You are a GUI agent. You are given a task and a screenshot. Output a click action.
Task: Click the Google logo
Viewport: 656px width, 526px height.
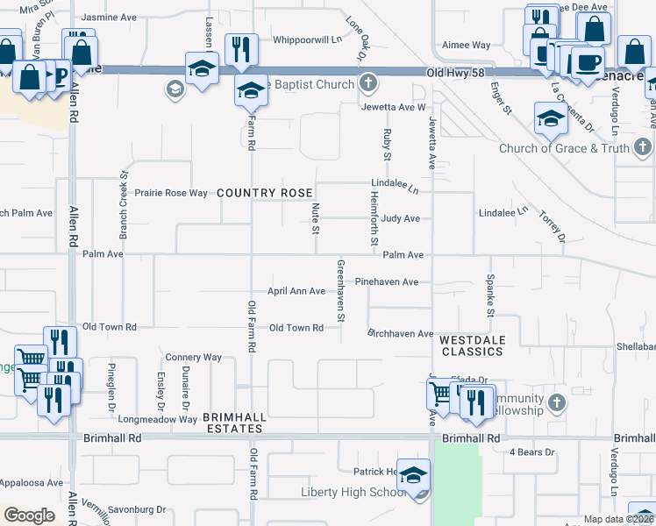point(29,515)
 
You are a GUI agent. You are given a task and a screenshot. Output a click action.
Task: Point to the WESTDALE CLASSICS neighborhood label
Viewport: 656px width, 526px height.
point(471,345)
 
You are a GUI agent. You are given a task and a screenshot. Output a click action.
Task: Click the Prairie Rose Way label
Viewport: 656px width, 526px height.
point(170,192)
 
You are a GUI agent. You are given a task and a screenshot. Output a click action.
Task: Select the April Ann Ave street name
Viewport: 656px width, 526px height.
point(296,291)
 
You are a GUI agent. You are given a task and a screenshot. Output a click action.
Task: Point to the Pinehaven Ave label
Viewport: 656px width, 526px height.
point(392,282)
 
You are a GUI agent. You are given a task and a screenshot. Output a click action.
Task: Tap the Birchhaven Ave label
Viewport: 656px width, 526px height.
point(401,334)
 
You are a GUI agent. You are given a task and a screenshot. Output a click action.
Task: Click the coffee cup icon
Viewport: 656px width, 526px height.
point(587,63)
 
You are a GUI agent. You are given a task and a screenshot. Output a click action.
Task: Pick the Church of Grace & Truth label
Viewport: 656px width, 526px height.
point(564,148)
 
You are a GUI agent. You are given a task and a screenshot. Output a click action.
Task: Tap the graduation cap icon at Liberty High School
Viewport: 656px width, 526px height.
point(413,475)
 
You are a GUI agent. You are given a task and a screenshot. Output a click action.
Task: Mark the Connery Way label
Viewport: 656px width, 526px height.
point(194,358)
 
